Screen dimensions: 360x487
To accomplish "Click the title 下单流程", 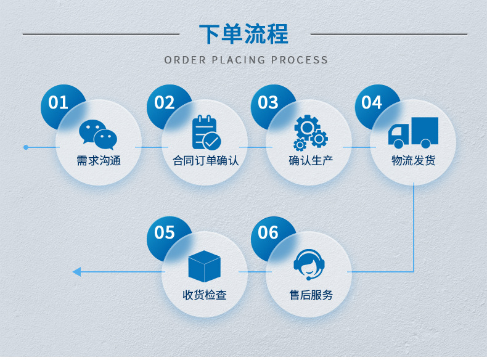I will coord(243,34).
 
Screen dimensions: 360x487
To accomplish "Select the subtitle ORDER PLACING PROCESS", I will coord(246,60).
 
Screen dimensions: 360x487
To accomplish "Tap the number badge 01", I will coord(58,102).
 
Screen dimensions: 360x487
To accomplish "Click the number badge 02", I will coord(165,102).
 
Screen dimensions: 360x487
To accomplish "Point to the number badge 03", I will coord(268,102).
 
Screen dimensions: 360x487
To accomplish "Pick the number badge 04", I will coord(372,102).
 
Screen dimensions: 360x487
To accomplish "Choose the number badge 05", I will coord(165,232).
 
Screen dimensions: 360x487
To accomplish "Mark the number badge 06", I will coord(268,232).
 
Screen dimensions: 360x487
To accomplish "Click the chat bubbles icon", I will coord(98,134).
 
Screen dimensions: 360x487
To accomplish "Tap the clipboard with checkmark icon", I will coord(205,133).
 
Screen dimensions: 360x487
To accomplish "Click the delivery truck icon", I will coord(413,133).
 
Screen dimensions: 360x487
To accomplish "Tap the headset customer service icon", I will coord(309,265).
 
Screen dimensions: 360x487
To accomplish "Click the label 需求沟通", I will coord(99,161).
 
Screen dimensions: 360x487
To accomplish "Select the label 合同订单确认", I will coord(205,161).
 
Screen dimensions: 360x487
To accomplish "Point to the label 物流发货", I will coord(413,161).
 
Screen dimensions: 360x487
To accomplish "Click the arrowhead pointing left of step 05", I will coord(76,272).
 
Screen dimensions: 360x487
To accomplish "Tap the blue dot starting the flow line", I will coord(26,147).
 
